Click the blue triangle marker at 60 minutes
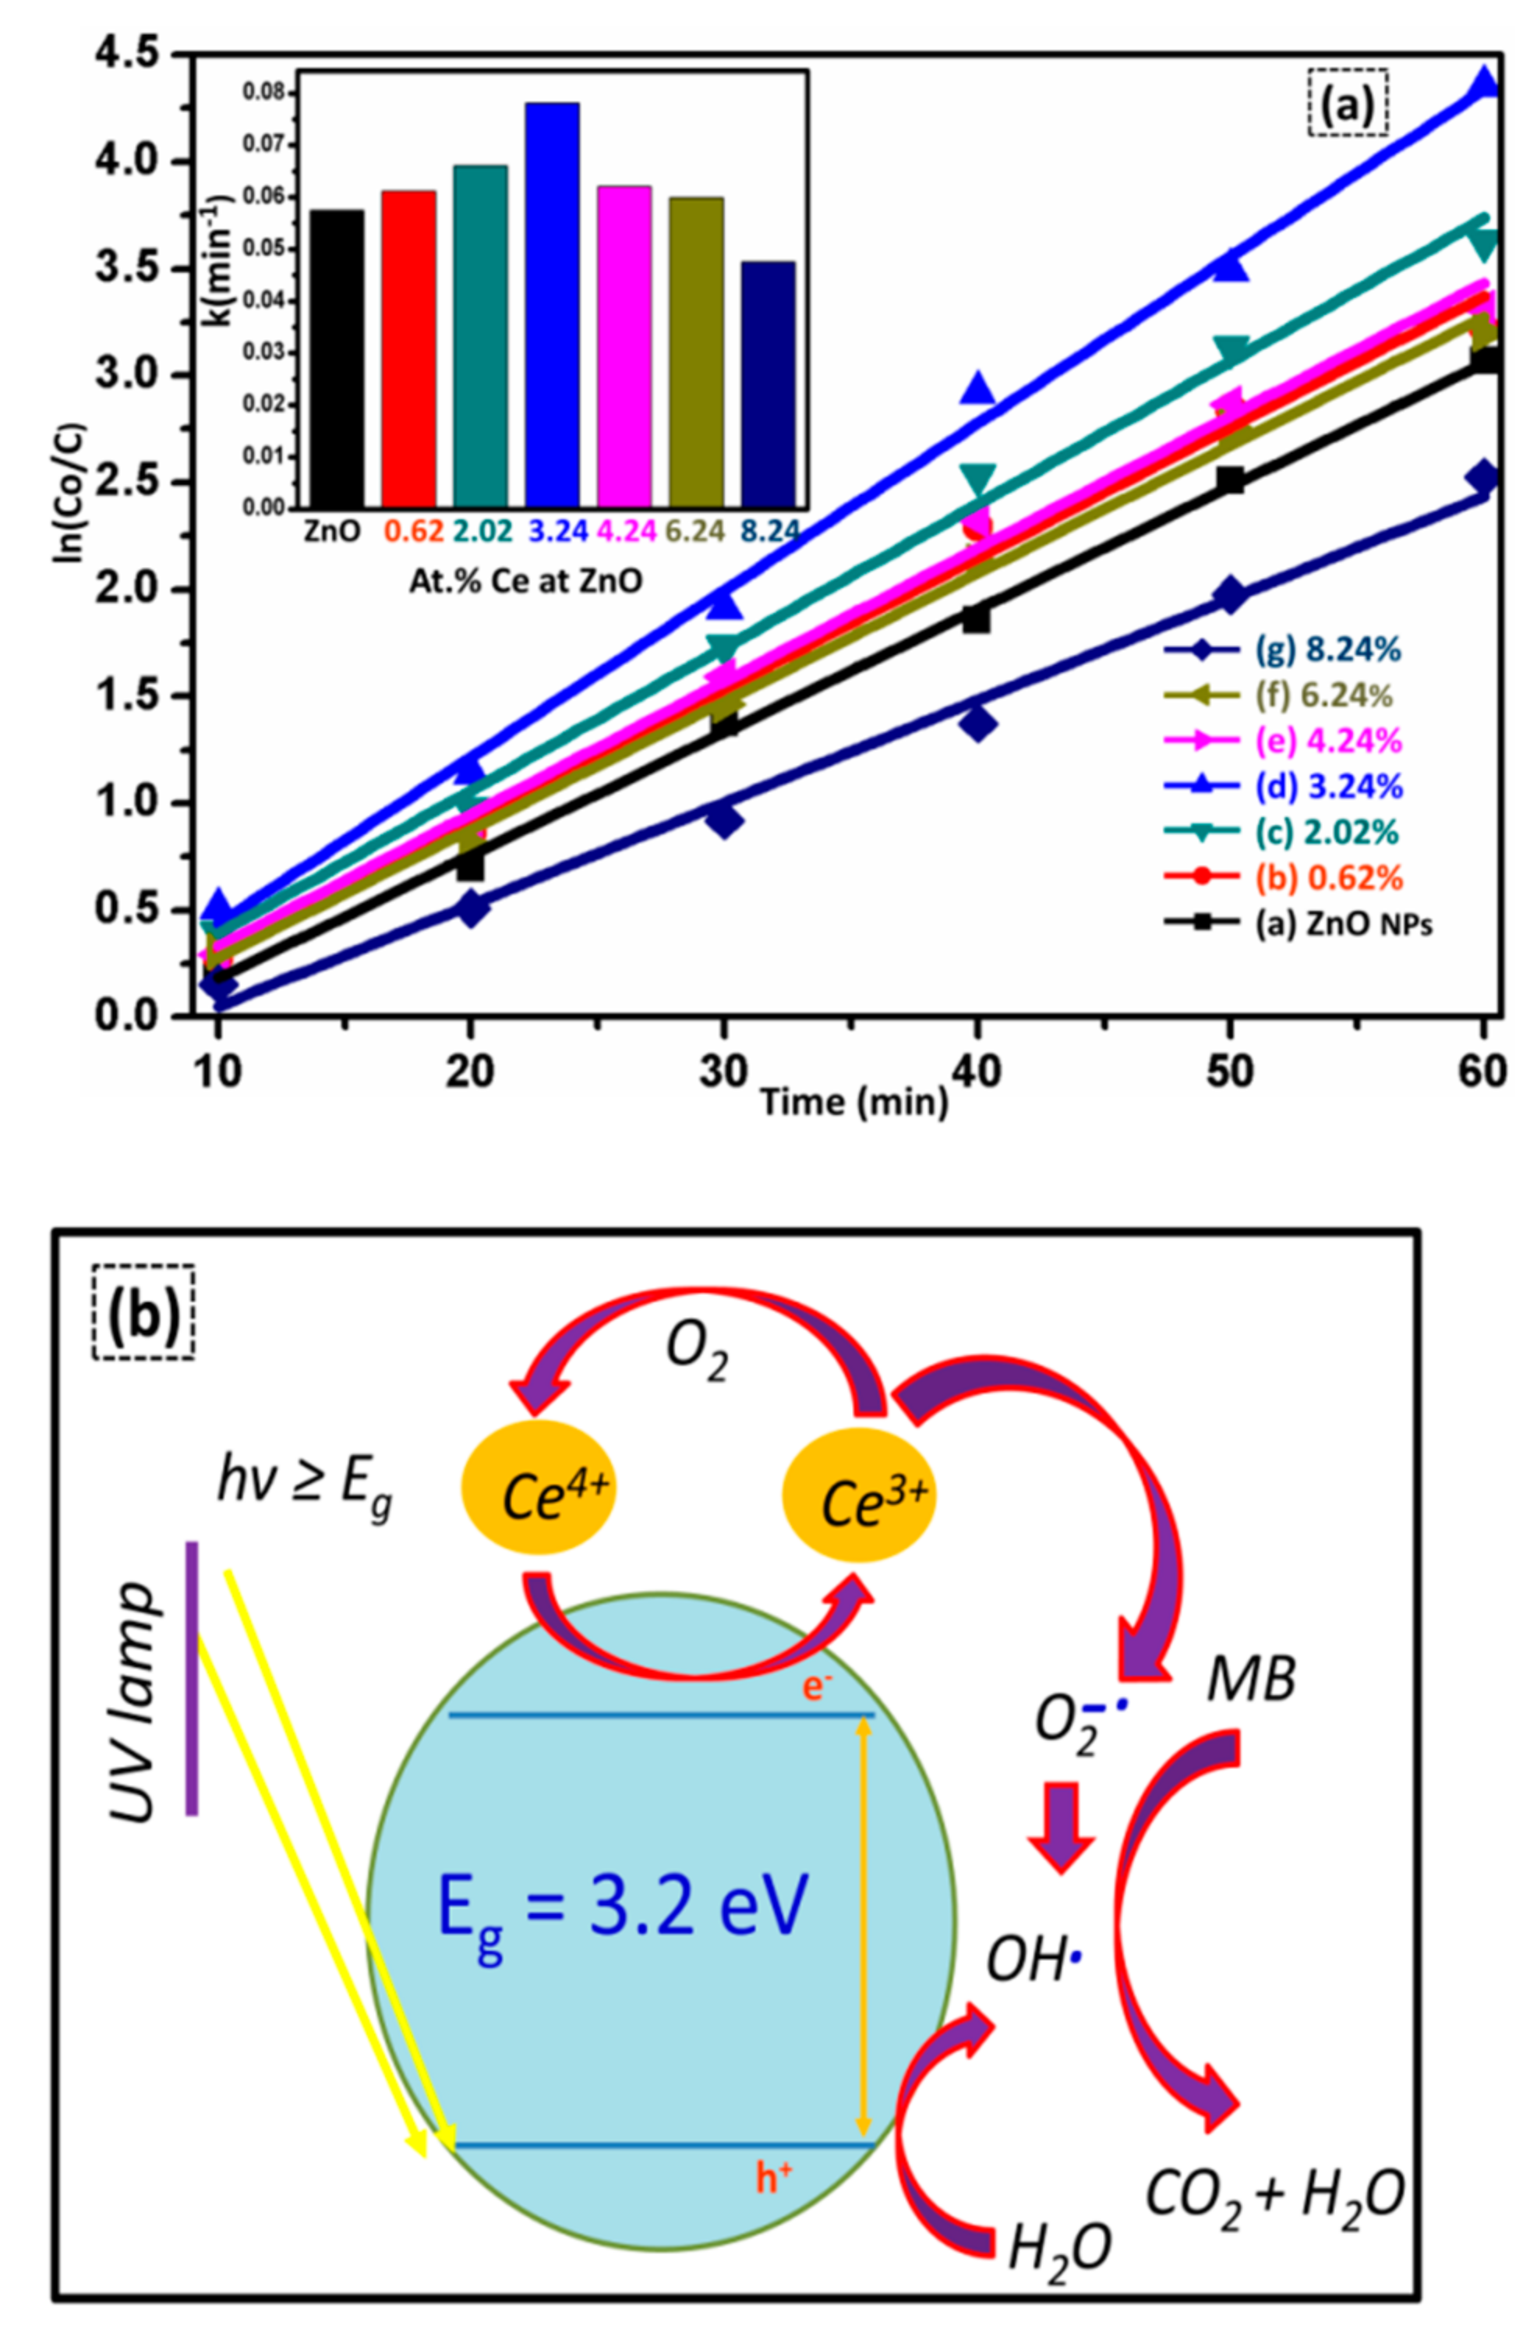(x=1484, y=83)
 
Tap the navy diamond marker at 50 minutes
(x=1230, y=595)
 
